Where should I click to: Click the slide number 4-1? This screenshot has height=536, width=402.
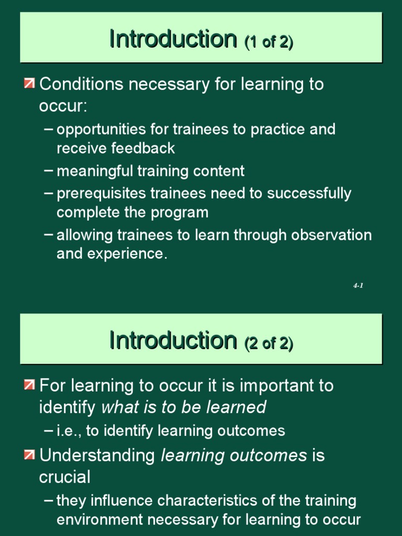[358, 286]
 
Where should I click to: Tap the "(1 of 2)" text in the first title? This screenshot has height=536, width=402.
[269, 41]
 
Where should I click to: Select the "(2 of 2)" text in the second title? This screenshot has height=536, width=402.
[269, 343]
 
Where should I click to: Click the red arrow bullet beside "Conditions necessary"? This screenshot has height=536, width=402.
[30, 84]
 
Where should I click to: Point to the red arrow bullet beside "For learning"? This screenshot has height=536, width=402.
[30, 386]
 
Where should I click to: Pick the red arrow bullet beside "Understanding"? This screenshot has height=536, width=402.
[30, 455]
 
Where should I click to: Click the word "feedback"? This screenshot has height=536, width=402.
[143, 149]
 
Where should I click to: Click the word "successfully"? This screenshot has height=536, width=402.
[309, 194]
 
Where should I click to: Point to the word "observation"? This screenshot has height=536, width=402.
[329, 234]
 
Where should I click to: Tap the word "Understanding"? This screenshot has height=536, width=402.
[97, 455]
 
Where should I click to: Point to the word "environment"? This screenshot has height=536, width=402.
[99, 520]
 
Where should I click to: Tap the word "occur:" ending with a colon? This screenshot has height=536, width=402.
[63, 106]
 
